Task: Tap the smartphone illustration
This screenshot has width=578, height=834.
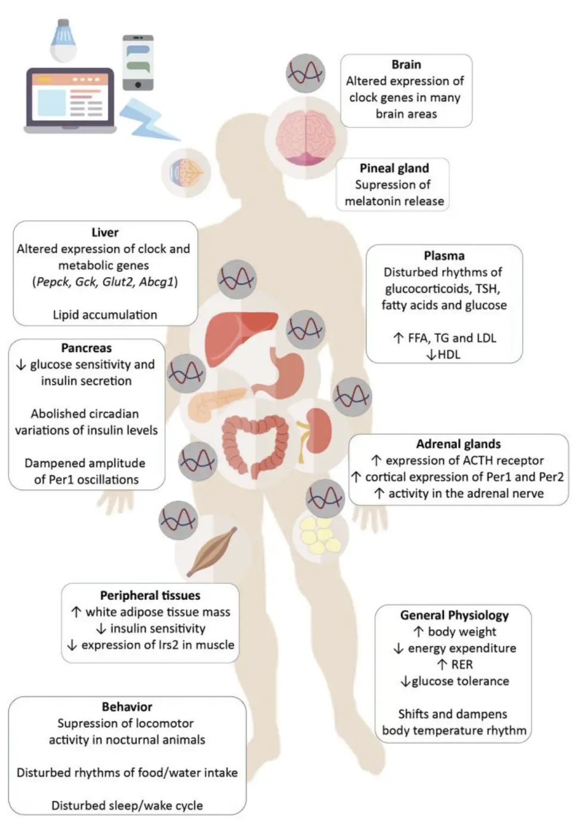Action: coord(138,63)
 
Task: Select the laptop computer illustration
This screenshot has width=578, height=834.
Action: coord(70,100)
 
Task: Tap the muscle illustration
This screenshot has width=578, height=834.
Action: coord(212,552)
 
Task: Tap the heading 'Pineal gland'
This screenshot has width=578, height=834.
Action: coord(394,169)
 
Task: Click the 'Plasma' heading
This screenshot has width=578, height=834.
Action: coord(444,256)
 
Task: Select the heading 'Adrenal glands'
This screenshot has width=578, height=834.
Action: coord(458,444)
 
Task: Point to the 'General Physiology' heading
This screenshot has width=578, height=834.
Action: coord(454,615)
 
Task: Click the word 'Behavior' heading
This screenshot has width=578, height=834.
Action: coord(127,707)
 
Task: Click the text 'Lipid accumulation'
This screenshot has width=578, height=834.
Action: coord(105,315)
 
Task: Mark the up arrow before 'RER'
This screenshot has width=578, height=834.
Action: coord(442,664)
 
